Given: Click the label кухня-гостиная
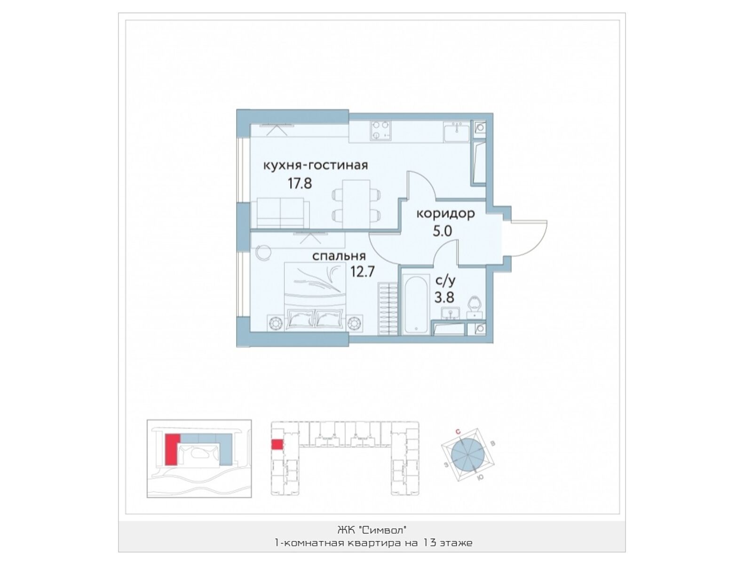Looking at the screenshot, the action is click(x=315, y=166).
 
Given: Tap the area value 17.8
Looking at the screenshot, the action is click(x=300, y=184).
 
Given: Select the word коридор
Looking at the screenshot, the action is click(x=445, y=214).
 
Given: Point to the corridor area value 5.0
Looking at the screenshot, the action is click(x=443, y=232).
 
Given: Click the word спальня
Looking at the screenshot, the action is click(x=339, y=256).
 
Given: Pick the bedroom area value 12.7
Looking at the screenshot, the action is click(x=363, y=272).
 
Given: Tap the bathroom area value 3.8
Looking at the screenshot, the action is click(x=444, y=298).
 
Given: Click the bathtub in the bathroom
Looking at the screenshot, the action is click(x=416, y=304).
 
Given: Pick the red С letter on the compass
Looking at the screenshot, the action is click(x=458, y=432).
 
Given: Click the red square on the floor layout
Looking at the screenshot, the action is click(x=277, y=444).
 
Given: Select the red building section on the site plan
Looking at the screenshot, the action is click(x=172, y=449).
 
